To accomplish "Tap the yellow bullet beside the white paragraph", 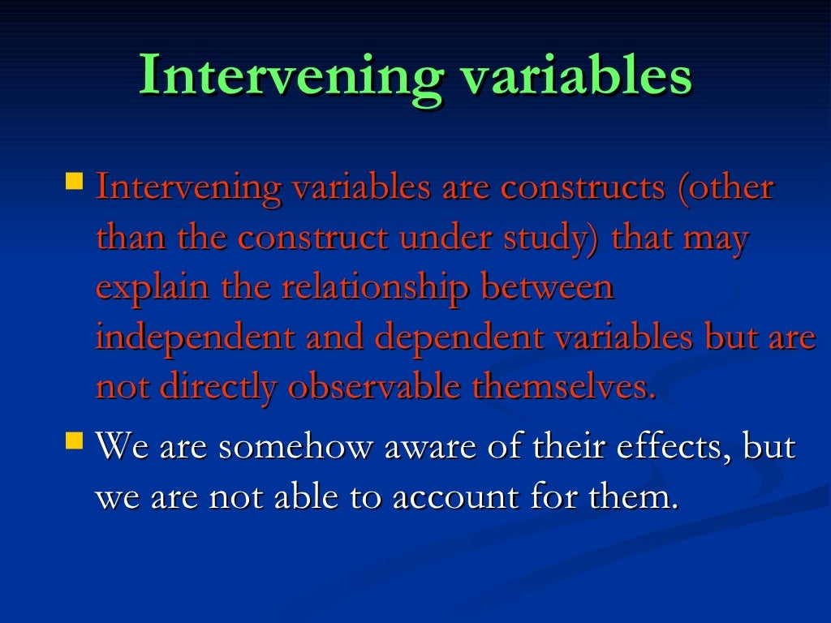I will click(74, 441).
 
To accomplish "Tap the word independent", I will click(195, 338).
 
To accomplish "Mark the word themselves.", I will click(563, 389).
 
